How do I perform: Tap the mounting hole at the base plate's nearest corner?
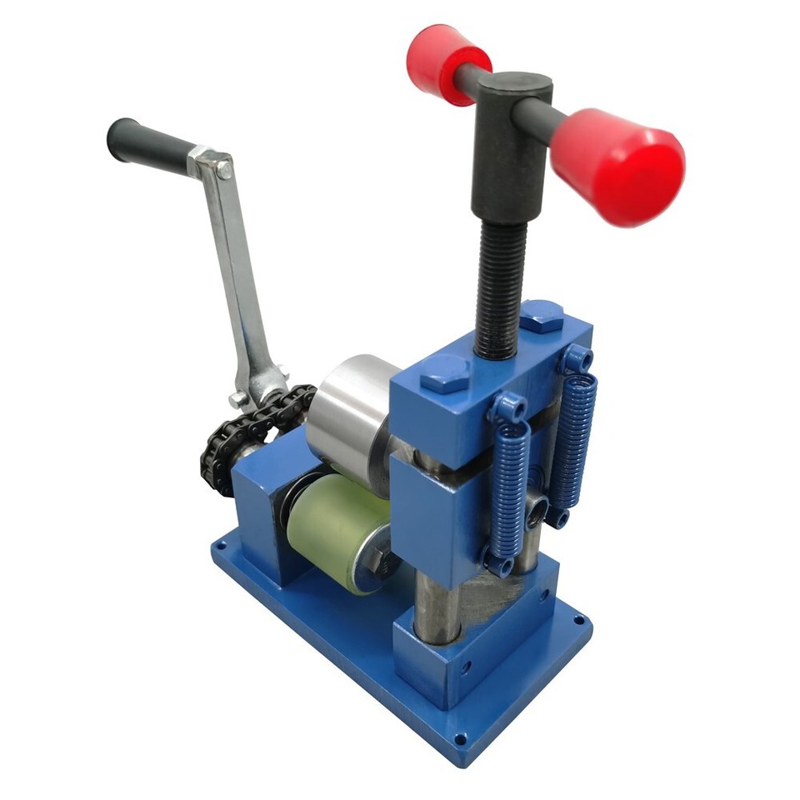(459, 739)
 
